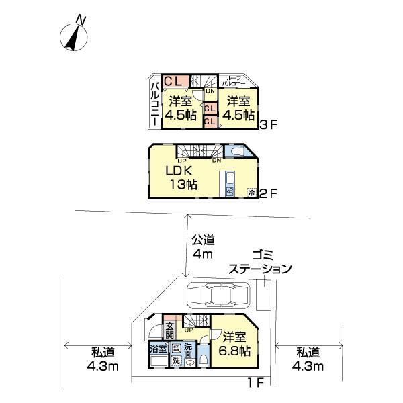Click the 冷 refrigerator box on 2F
(x=251, y=193)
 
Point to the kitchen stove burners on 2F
(x=230, y=192)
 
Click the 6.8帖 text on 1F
(x=237, y=351)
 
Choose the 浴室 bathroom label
(x=159, y=349)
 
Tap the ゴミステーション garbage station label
(x=260, y=263)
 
